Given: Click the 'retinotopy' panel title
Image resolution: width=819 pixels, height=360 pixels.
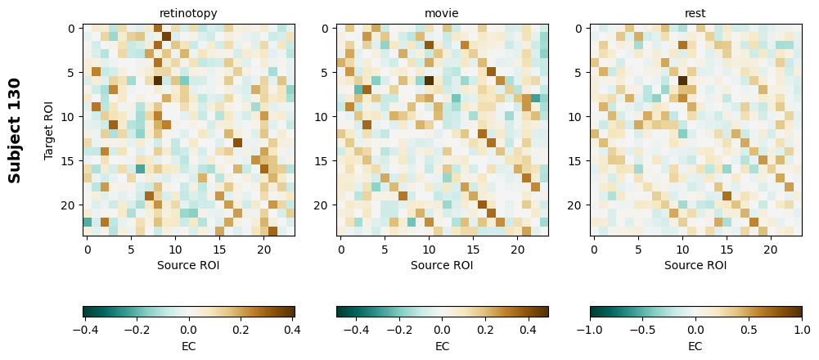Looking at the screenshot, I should click(189, 13).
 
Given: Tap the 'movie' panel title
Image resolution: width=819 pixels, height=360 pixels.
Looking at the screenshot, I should click(442, 13).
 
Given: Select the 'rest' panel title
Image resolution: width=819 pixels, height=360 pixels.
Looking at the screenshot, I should click(695, 13).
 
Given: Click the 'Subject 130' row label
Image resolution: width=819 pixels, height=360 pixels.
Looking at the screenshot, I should click(15, 130).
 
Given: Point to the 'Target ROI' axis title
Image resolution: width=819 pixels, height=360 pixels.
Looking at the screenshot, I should click(49, 130).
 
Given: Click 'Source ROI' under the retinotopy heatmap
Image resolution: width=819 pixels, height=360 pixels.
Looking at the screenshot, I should click(189, 265).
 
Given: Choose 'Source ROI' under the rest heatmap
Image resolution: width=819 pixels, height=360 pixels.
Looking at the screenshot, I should click(695, 265).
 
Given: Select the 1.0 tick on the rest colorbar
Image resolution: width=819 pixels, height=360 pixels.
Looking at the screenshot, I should click(801, 330).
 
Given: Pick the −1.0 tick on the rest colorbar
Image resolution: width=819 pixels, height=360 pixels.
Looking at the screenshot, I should click(590, 330).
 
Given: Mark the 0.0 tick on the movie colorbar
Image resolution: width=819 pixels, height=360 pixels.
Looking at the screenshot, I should click(442, 330).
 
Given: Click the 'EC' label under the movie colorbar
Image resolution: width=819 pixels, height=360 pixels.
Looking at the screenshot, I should click(442, 346).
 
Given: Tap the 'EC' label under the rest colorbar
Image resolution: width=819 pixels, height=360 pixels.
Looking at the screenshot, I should click(695, 346).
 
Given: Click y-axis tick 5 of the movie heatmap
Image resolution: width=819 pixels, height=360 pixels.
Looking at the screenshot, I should click(325, 72).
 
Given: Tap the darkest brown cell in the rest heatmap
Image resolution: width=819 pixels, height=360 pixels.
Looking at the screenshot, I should click(682, 80).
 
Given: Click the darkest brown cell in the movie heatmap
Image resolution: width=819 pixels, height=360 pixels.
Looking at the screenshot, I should click(429, 80).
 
